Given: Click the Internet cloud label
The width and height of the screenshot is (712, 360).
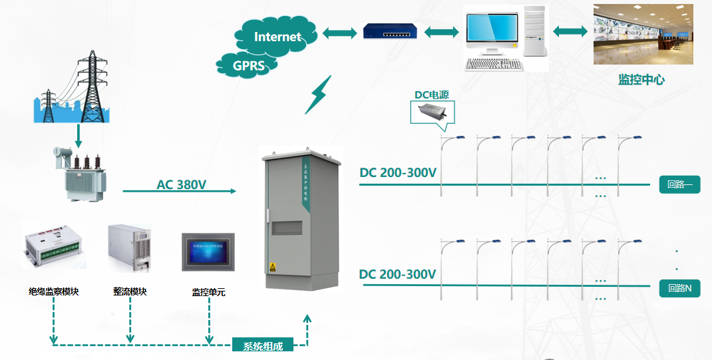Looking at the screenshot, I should [x=277, y=37].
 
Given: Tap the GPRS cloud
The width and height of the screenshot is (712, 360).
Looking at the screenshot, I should [x=248, y=65].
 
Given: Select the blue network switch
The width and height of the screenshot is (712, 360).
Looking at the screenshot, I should [x=390, y=31].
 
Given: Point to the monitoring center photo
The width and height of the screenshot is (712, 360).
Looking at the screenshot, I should [x=643, y=34].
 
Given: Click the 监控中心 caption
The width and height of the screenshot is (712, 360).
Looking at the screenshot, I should [x=641, y=80].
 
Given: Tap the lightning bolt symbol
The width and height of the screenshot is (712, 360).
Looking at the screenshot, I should [x=317, y=95].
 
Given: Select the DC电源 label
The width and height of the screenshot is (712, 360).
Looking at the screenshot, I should [x=432, y=95].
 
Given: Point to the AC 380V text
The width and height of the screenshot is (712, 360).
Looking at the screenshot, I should [x=182, y=184].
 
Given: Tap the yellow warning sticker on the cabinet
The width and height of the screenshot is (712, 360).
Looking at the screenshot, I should [x=271, y=268].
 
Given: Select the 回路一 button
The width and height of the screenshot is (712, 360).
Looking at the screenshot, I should [x=679, y=185].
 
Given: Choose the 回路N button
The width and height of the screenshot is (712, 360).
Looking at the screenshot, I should [x=679, y=288].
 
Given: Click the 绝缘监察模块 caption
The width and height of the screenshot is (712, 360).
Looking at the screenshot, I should [x=53, y=291].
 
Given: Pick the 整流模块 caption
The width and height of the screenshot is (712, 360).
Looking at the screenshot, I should [x=130, y=291].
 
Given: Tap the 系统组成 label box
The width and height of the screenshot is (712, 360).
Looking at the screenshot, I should [x=263, y=346].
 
